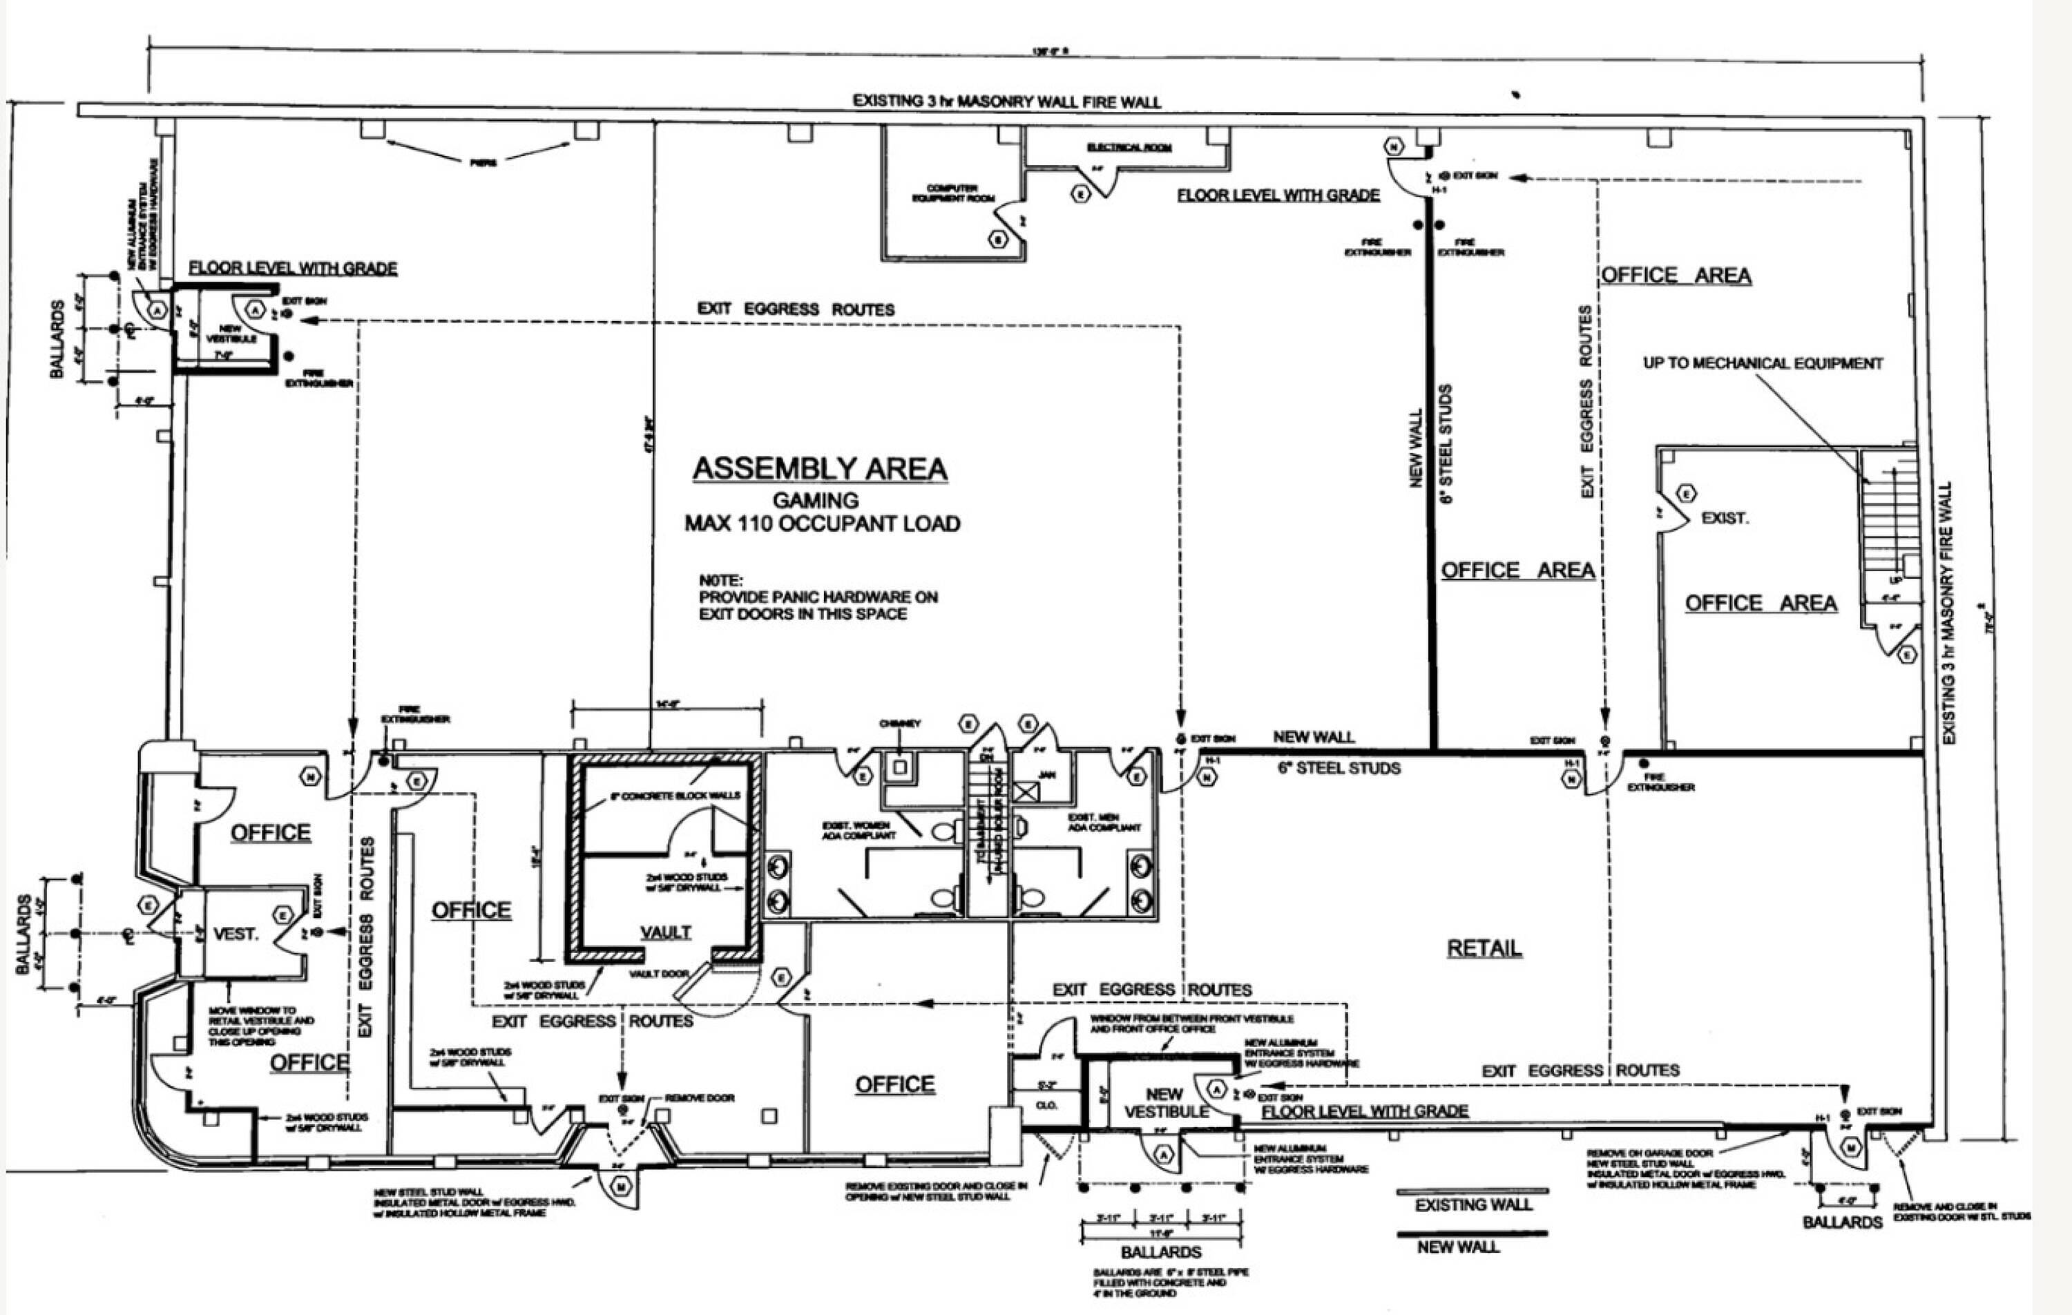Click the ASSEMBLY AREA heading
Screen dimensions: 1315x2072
(x=820, y=469)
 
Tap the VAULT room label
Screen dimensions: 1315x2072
(x=665, y=932)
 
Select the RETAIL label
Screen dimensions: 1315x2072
(x=1484, y=948)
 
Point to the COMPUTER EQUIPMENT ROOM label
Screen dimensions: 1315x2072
(x=952, y=193)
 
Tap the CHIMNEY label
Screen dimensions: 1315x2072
(x=900, y=724)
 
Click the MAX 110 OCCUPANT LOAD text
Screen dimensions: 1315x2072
(x=823, y=524)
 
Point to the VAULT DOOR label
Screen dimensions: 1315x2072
(x=658, y=973)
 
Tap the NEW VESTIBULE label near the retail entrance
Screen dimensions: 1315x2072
(x=1165, y=1102)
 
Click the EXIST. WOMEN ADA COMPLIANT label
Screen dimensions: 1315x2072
(x=858, y=830)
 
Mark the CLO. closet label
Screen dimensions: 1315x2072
(x=1046, y=1105)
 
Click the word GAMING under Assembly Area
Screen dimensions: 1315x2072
(x=816, y=500)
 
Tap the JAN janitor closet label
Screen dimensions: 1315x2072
(x=1046, y=774)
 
